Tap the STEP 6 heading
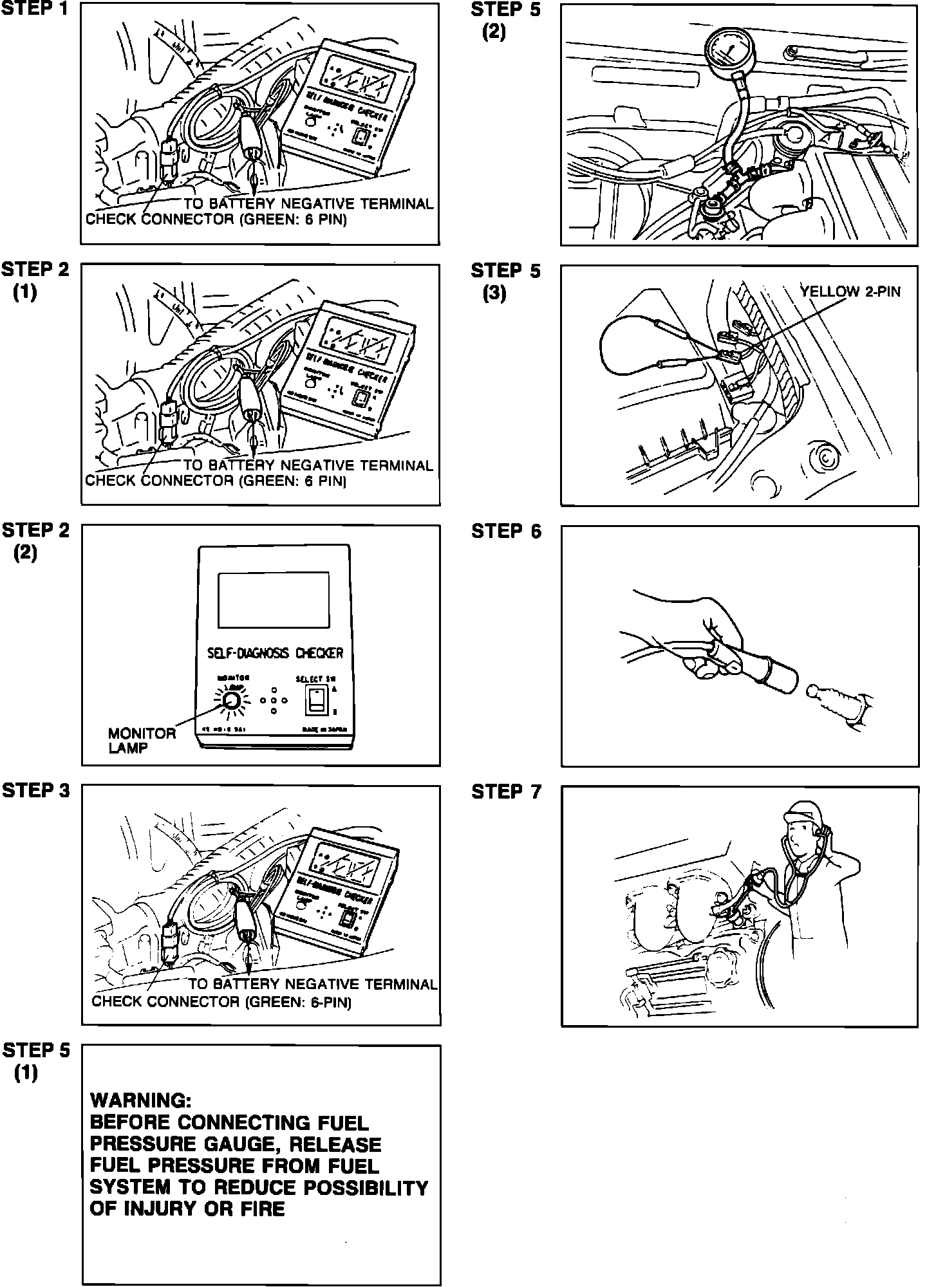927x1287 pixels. [506, 532]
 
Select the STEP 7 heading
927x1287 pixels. [506, 792]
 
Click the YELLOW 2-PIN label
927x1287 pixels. [850, 292]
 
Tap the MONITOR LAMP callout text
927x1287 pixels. [142, 740]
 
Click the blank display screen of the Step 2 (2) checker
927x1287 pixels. [274, 600]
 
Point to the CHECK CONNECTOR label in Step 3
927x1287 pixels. [167, 1002]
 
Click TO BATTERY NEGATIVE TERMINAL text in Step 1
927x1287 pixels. [312, 204]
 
